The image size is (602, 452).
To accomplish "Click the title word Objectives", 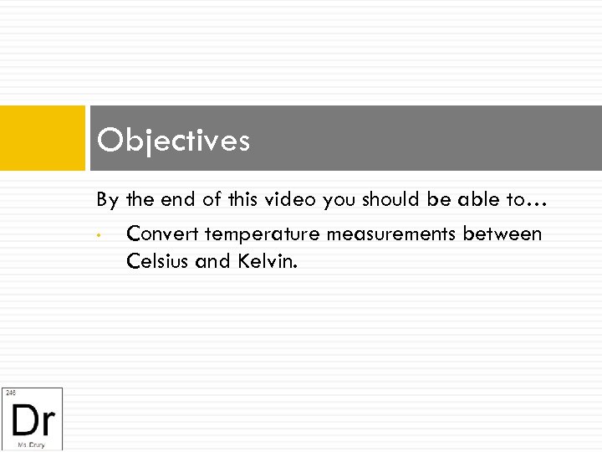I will [x=173, y=141].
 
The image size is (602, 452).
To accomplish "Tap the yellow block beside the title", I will [x=43, y=138].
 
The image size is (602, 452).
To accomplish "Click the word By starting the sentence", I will [x=107, y=201].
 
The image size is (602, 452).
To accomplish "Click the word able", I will [x=478, y=200].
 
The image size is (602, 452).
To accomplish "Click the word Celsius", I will [x=157, y=261].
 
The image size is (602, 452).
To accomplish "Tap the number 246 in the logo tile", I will [x=11, y=393].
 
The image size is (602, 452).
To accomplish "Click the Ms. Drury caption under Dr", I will [x=32, y=444].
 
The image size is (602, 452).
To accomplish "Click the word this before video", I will [x=234, y=200].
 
